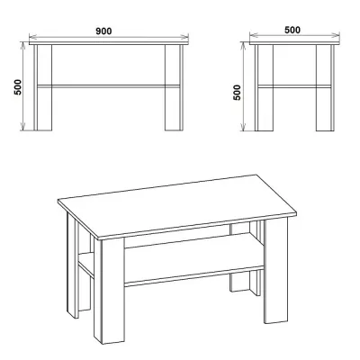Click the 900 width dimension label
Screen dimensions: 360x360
[103, 31]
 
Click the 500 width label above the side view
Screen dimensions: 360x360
[292, 30]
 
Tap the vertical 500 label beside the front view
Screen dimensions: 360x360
[18, 87]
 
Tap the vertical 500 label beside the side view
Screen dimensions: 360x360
[237, 93]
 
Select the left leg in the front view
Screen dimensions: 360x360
[42, 87]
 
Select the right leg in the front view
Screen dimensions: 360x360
[174, 87]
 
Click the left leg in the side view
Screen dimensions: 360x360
[264, 88]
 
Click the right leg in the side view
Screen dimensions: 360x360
[325, 88]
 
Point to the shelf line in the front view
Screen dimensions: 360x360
[108, 86]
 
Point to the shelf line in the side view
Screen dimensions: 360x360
[294, 86]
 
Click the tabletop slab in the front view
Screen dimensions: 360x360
[109, 43]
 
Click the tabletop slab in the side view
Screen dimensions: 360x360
[294, 43]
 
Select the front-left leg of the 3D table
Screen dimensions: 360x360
[112, 291]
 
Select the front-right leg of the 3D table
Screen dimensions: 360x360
[275, 270]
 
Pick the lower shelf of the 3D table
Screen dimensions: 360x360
[193, 261]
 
